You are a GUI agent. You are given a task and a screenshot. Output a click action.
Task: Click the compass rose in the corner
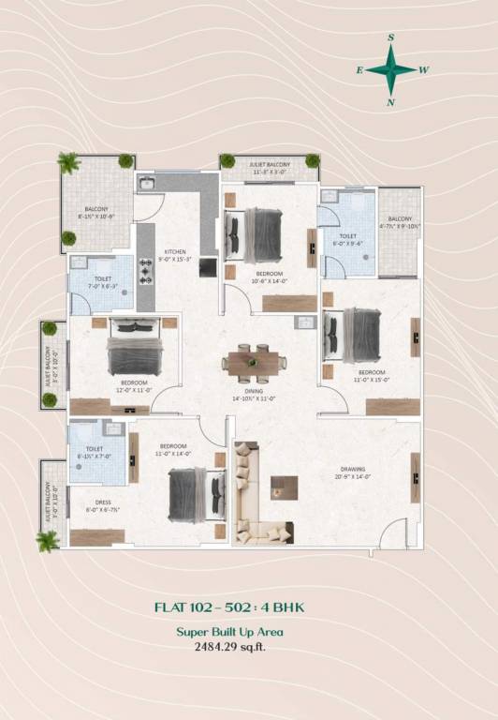391,68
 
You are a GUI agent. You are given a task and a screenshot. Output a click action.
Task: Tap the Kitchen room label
176,252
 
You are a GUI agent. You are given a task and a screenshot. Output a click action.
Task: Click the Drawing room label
353,469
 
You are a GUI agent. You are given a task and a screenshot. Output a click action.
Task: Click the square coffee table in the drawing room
284,486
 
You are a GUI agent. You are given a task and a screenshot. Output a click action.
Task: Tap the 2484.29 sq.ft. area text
229,647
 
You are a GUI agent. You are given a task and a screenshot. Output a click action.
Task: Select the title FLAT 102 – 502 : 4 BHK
229,607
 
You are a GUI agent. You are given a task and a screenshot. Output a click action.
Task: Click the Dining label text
254,391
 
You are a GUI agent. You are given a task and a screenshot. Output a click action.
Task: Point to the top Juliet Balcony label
270,165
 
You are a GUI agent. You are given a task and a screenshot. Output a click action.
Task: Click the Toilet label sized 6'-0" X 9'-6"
348,237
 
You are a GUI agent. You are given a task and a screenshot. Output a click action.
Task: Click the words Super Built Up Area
229,632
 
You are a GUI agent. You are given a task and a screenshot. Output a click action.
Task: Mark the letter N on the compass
391,102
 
